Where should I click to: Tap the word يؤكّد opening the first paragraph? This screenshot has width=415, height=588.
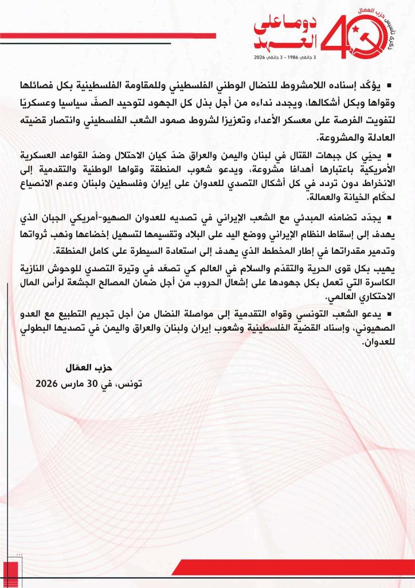point(374,86)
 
